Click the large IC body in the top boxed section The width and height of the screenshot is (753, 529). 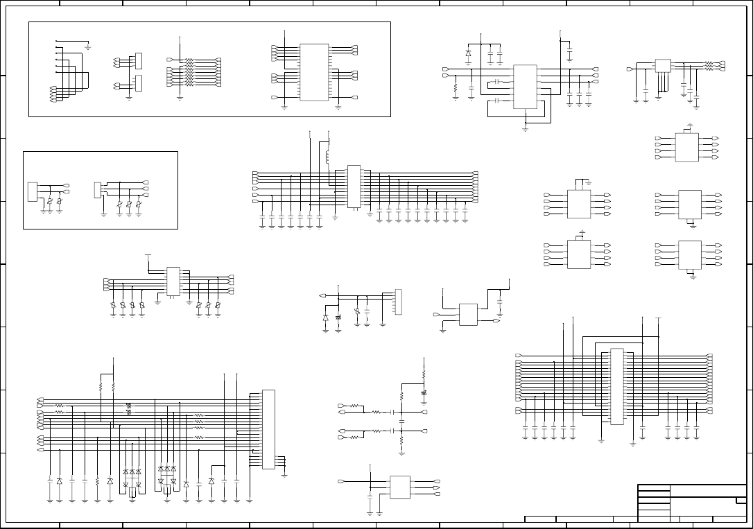tap(313, 72)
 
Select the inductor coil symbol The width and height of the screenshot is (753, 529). tap(327, 157)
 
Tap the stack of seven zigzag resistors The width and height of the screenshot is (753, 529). tap(189, 72)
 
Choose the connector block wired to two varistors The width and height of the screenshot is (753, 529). tap(32, 191)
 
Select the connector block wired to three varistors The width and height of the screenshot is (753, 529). tap(98, 189)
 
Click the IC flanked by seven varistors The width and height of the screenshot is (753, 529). tap(173, 282)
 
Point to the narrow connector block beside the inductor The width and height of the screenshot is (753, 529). tap(354, 187)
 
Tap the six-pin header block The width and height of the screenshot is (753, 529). tap(398, 302)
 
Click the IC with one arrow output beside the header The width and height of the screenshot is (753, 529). tap(468, 314)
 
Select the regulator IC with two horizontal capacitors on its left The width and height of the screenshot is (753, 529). tap(525, 87)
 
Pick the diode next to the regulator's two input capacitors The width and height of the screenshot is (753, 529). tap(468, 53)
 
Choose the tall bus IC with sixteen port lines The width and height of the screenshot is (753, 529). tap(616, 385)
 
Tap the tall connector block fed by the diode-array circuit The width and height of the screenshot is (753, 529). tap(268, 430)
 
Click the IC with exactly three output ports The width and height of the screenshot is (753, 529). tap(400, 487)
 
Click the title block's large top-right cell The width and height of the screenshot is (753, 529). tap(707, 490)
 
